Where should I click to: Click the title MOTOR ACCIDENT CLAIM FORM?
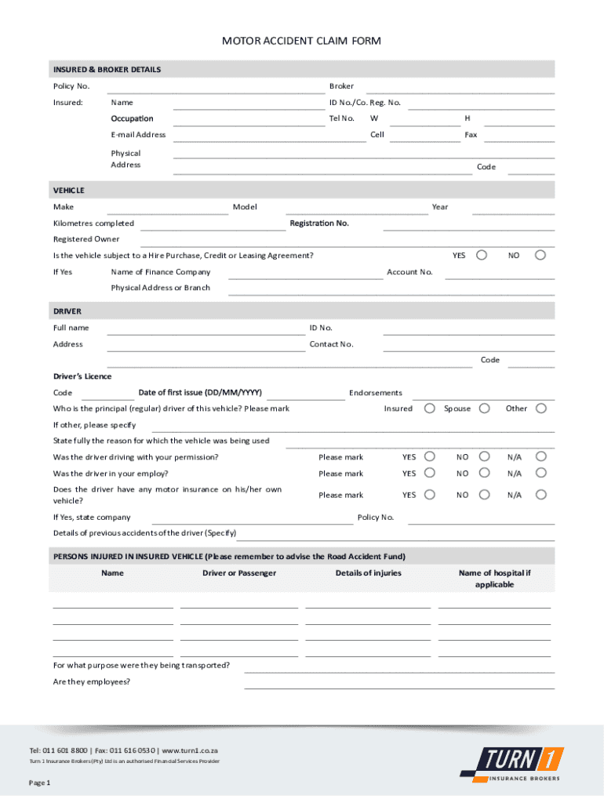pyautogui.click(x=301, y=41)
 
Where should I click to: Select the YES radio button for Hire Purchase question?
pyautogui.click(x=482, y=255)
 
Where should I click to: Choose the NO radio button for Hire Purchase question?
pyautogui.click(x=540, y=255)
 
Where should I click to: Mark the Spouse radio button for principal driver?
pyautogui.click(x=485, y=408)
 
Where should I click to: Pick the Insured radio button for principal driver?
pyautogui.click(x=430, y=408)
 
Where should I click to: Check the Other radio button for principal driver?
pyautogui.click(x=540, y=408)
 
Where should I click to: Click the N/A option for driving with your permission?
pyautogui.click(x=540, y=456)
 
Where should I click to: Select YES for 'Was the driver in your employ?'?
pyautogui.click(x=430, y=473)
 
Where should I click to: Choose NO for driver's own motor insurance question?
pyautogui.click(x=485, y=495)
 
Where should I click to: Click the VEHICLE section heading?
pyautogui.click(x=69, y=191)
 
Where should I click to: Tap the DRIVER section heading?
pyautogui.click(x=67, y=311)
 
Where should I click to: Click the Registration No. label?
pyautogui.click(x=319, y=223)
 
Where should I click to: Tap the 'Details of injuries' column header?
pyautogui.click(x=368, y=573)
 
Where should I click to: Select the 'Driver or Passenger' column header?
pyautogui.click(x=239, y=573)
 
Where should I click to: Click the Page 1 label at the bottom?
pyautogui.click(x=40, y=783)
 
